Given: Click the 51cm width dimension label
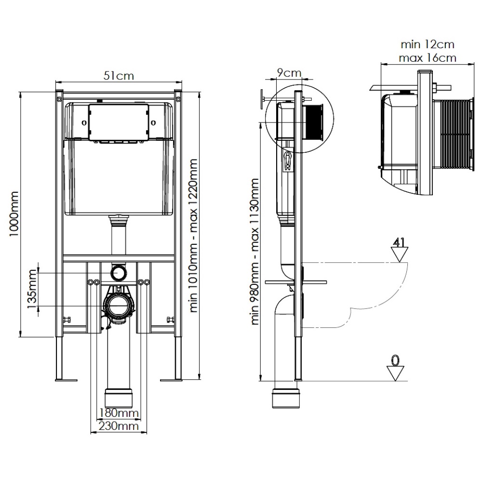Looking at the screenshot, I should [x=119, y=76].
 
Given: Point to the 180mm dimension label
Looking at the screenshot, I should [x=119, y=413].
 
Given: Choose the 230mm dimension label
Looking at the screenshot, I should [x=119, y=426].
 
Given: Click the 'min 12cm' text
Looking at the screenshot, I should [x=427, y=44].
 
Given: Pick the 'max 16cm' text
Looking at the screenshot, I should [x=427, y=58].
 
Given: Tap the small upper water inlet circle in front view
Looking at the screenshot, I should [x=118, y=273].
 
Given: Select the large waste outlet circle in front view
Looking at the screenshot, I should [x=118, y=306].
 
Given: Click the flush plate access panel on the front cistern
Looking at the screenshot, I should [x=118, y=123].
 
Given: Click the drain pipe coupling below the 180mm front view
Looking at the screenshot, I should [x=118, y=398].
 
